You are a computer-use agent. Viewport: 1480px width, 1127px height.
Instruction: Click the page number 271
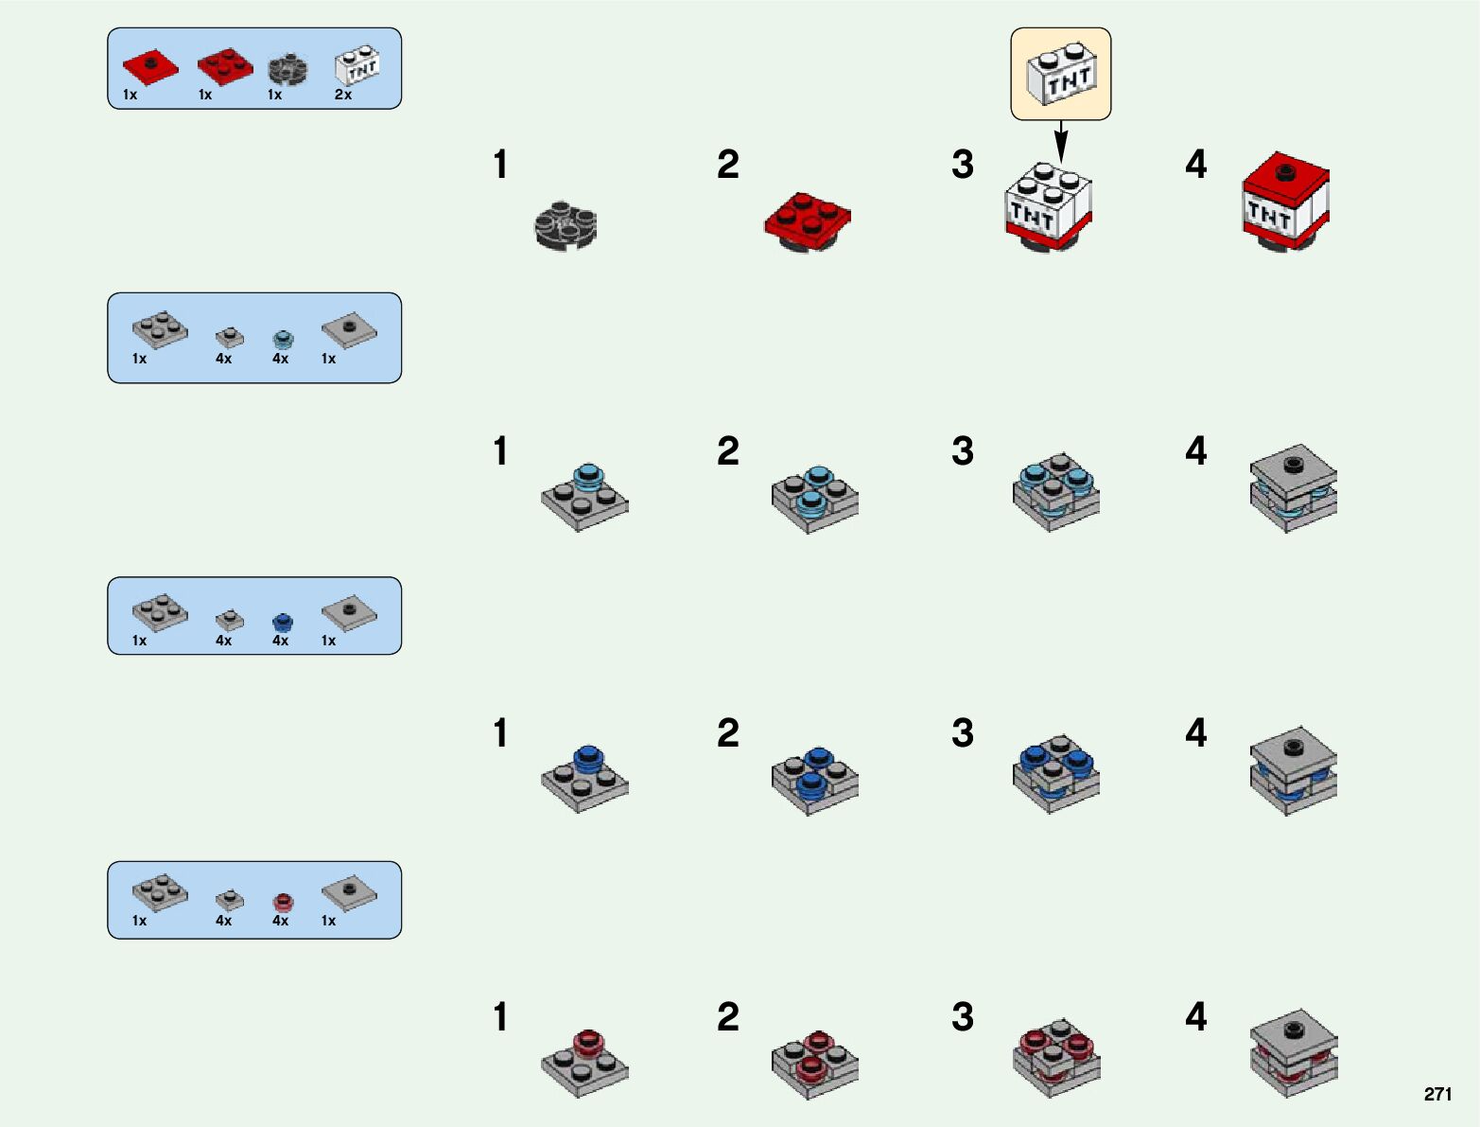[x=1436, y=1094]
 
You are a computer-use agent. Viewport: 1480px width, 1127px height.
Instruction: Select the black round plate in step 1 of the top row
[x=565, y=225]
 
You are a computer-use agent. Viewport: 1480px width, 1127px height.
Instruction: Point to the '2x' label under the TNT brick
[x=343, y=95]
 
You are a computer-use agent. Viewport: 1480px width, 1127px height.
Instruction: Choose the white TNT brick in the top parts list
[x=357, y=67]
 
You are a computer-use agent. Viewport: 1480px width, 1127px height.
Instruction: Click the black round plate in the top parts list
[x=287, y=68]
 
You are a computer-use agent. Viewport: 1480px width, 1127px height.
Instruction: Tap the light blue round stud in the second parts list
[x=283, y=339]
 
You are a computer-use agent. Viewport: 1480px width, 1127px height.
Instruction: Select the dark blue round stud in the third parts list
[x=282, y=622]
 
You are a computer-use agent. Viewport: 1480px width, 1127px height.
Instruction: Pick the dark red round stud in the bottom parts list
[x=282, y=902]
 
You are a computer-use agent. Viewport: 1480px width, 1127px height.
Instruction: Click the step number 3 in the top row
[x=963, y=165]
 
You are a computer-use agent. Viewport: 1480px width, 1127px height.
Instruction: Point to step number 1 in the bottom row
[x=500, y=1017]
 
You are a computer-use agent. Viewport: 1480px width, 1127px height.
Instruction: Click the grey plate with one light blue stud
[x=584, y=496]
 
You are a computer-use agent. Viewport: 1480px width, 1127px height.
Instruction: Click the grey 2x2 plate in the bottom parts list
[x=160, y=890]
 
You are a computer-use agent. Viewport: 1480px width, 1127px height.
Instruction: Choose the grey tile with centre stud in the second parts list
[x=349, y=329]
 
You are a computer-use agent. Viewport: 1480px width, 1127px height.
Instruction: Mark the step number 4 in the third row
[x=1196, y=733]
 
